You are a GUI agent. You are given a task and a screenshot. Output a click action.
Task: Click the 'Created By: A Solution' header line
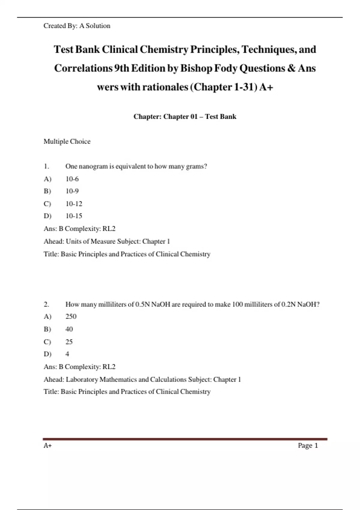coord(77,26)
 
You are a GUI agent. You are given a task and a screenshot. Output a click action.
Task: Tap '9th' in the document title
coord(121,68)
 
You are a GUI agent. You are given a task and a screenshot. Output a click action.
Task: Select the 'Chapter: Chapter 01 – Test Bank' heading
coord(185,116)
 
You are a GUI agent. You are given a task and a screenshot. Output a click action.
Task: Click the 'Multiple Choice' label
coord(67,141)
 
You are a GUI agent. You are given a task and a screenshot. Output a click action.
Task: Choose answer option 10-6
coord(72,179)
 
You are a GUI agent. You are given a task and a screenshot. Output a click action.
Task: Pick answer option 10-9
coord(72,191)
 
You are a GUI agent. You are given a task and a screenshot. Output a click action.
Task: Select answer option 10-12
coord(74,204)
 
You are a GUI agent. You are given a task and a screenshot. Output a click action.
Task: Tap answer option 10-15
coord(74,216)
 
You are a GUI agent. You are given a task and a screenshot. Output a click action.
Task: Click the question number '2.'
coord(46,304)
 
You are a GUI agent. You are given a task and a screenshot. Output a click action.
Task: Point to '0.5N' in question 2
coord(142,304)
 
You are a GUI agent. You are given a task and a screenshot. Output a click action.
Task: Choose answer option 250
coord(71,316)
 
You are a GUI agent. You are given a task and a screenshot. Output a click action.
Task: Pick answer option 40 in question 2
coord(69,329)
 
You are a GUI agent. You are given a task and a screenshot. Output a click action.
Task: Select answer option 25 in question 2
coord(69,342)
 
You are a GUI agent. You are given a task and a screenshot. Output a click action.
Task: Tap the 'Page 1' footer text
coord(308,445)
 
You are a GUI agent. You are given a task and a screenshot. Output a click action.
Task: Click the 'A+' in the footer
coord(48,445)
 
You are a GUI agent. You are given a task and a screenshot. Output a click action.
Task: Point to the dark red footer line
coord(185,439)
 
